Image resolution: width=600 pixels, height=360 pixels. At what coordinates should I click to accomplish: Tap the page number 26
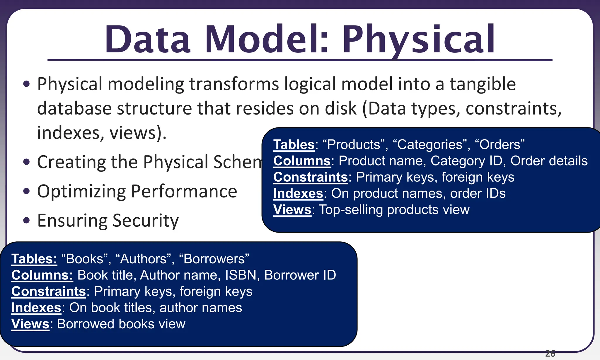coord(550,354)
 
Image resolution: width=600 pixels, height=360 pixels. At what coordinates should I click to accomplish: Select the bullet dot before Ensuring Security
coord(27,220)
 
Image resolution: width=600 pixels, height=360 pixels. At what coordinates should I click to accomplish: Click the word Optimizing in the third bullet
coord(81,192)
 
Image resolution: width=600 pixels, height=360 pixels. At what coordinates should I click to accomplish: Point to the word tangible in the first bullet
coord(483,84)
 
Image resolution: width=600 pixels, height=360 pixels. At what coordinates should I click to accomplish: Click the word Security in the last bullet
coord(145,221)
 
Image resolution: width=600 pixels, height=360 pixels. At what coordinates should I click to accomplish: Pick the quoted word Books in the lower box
coord(85,259)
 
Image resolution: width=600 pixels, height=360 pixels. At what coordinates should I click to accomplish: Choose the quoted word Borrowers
coord(214,259)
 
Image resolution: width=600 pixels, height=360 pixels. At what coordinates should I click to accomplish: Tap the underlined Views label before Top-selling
coord(292,210)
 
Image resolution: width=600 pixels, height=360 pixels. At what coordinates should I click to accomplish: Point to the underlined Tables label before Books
coord(34,259)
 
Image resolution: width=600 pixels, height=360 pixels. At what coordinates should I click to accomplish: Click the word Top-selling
coord(351,210)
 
